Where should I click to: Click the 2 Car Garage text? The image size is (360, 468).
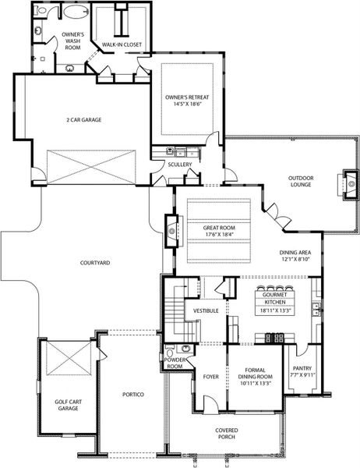84,119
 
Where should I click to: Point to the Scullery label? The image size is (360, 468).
180,165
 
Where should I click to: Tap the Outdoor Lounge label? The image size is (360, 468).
300,181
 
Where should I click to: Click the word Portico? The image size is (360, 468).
132,395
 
